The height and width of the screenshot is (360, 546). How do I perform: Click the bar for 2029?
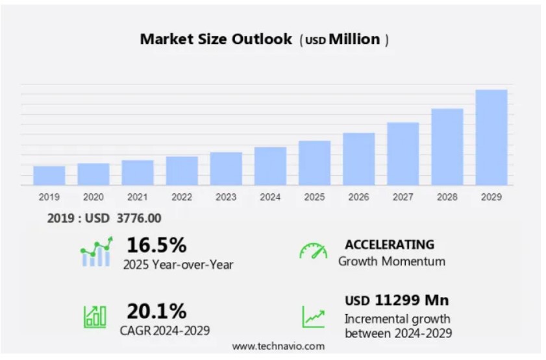(x=491, y=137)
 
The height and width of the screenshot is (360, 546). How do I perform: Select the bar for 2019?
(x=49, y=175)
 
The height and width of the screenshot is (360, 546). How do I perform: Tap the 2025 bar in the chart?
(x=315, y=162)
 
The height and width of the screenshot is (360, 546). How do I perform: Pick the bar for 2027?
(x=403, y=153)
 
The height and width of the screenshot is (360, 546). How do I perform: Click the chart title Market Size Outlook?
(x=216, y=39)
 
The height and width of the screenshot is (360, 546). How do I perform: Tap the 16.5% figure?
(x=156, y=245)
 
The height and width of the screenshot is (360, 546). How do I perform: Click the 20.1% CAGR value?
(x=156, y=311)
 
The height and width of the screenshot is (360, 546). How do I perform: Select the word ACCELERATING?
(x=390, y=245)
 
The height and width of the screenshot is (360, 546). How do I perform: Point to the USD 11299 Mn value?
(x=397, y=300)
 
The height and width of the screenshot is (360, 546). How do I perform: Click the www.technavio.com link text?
(x=279, y=346)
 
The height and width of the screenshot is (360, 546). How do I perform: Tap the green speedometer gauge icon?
(x=314, y=252)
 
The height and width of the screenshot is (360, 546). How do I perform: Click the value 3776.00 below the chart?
(x=139, y=219)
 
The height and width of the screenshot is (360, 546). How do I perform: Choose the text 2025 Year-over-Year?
(x=178, y=264)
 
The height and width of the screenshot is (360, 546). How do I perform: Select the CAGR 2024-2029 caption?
(x=165, y=331)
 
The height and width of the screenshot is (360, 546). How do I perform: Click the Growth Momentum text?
(x=391, y=261)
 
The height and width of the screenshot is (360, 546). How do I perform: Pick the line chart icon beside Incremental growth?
(x=314, y=317)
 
